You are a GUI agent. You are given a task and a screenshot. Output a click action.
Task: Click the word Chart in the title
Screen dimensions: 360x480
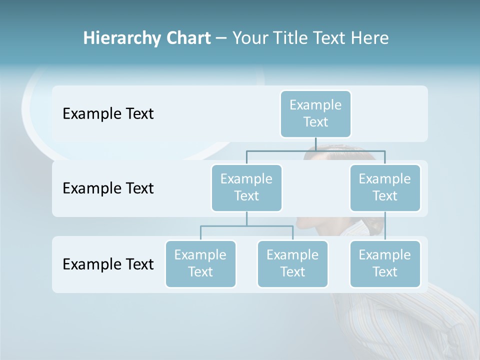coord(188,38)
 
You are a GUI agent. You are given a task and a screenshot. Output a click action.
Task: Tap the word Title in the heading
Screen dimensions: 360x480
coord(288,38)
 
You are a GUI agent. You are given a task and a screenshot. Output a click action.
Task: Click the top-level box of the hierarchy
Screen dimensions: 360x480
coord(315,113)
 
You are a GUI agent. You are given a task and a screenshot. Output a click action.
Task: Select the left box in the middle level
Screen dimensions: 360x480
coord(246,187)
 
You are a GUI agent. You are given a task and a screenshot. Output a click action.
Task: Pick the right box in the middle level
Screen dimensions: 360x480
coord(385,187)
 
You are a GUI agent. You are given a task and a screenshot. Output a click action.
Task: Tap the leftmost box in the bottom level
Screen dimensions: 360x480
coord(200,263)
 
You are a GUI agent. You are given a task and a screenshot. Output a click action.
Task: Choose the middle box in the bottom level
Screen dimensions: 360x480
coord(292,263)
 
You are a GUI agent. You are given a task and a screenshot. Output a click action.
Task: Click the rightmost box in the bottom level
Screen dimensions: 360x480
coord(385,263)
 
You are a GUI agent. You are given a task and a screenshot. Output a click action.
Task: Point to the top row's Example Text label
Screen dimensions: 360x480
coord(108,114)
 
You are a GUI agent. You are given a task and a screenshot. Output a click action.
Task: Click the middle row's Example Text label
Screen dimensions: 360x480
coord(108,188)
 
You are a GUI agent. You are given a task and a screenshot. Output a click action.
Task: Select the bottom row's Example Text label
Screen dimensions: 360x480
coord(108,264)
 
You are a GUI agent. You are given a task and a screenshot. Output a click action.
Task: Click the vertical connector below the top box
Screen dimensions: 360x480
coord(315,144)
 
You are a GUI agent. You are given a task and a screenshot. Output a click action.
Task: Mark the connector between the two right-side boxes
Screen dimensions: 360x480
coord(385,226)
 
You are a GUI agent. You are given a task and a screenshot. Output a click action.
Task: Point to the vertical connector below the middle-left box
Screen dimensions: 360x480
coord(246,218)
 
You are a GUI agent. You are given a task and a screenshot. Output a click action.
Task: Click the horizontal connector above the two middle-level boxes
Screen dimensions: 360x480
coord(280,150)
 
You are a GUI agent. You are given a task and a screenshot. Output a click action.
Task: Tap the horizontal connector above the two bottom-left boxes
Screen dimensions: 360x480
coord(225,226)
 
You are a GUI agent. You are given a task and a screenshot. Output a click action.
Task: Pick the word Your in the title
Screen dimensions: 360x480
coord(248,38)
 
